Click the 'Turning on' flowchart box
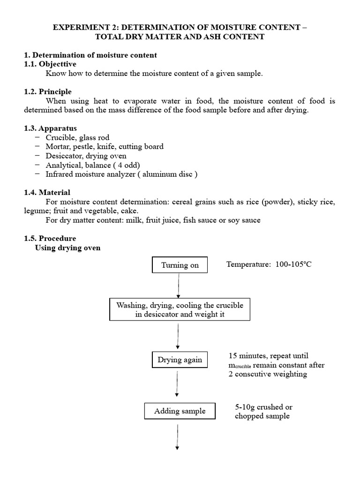coord(180,265)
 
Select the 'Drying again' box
coord(180,360)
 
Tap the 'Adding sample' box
coord(180,411)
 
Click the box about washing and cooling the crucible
coord(180,309)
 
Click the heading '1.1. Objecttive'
coord(50,64)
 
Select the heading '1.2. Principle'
coord(48,91)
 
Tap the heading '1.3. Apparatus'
coord(50,128)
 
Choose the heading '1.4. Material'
coord(47,192)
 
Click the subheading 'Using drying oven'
coord(67,247)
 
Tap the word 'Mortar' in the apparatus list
coord(57,146)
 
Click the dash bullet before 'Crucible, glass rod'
coord(37,137)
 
